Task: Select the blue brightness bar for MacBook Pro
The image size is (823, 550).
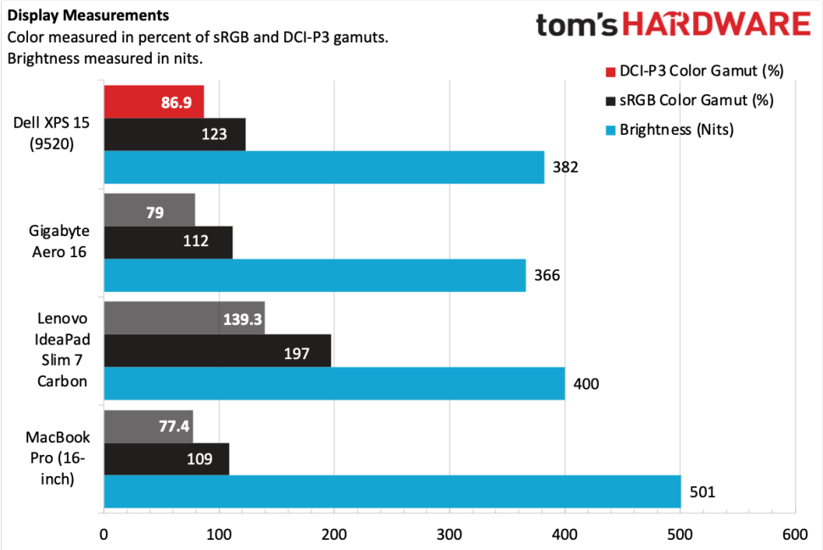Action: tap(391, 491)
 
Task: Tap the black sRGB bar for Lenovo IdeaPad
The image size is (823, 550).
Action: tap(217, 351)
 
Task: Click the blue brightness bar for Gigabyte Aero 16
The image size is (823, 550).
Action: tap(314, 275)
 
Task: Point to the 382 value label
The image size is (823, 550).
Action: tap(565, 167)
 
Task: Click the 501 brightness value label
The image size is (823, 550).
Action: tap(701, 491)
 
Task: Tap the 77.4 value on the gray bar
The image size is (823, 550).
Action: tap(173, 426)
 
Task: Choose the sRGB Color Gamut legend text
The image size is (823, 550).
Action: tap(697, 100)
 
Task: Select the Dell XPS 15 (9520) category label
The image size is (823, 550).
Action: tap(52, 133)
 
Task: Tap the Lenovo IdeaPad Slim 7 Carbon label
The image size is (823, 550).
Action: tap(62, 350)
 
